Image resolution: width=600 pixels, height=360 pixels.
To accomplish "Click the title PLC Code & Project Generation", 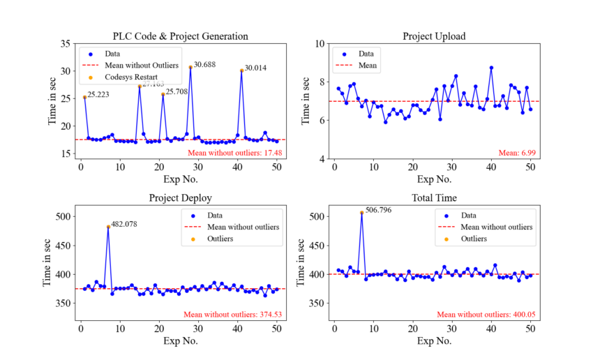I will point(181,36).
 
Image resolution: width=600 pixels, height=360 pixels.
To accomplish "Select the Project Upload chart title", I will point(434,36).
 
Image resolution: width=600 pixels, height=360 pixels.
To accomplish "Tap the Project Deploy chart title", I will point(181,197).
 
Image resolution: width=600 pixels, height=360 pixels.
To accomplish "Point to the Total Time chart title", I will point(434,197).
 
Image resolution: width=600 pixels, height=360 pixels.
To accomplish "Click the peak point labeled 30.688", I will point(190,67).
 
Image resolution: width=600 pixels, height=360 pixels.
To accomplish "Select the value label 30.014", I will point(256,68).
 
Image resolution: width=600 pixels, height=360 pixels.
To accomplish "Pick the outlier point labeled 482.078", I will point(108,227).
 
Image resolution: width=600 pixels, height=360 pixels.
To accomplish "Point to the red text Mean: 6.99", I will point(517,152).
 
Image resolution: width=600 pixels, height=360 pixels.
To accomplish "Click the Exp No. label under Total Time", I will point(434,341).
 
